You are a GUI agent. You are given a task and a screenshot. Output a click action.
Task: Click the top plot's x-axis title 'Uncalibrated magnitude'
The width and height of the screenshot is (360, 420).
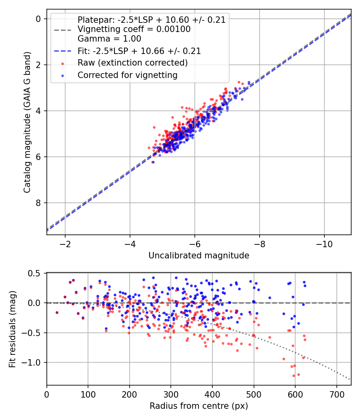tap(199, 256)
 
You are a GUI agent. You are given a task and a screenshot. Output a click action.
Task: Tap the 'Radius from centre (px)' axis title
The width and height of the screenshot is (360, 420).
tap(199, 406)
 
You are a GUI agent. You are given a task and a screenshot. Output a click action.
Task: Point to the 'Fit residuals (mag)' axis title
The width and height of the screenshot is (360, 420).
tap(13, 329)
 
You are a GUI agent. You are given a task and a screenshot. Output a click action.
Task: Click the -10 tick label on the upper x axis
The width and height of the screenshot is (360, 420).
tap(324, 244)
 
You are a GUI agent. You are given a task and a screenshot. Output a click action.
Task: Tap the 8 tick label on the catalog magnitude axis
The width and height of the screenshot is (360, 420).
tap(38, 203)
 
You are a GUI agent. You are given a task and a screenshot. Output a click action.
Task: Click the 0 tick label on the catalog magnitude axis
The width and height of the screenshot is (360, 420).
tap(38, 19)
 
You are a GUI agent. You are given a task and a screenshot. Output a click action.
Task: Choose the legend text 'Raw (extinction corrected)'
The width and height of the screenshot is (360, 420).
tap(132, 63)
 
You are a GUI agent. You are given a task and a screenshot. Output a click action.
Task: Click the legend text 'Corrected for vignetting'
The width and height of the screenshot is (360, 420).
tap(127, 75)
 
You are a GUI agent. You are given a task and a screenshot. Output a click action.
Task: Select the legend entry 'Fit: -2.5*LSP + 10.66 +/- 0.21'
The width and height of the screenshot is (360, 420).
tap(139, 51)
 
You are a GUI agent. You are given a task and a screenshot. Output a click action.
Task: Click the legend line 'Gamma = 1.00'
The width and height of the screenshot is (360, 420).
tap(109, 39)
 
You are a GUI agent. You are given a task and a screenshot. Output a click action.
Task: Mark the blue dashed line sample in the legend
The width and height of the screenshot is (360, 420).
tap(62, 51)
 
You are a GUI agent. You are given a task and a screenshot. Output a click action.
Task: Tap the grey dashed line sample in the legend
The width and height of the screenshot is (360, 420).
tap(62, 30)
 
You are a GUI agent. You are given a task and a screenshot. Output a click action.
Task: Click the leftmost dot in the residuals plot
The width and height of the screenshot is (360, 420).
tap(57, 312)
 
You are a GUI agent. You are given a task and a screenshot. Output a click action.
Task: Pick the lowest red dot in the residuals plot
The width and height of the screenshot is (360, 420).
tap(294, 376)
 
